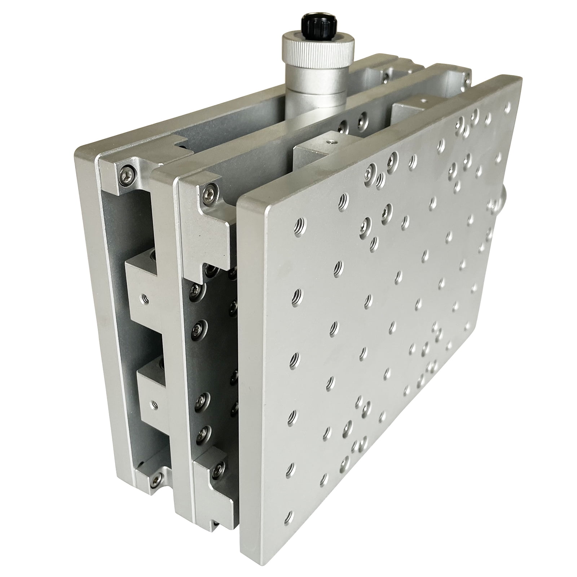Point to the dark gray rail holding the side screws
click(213, 361)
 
